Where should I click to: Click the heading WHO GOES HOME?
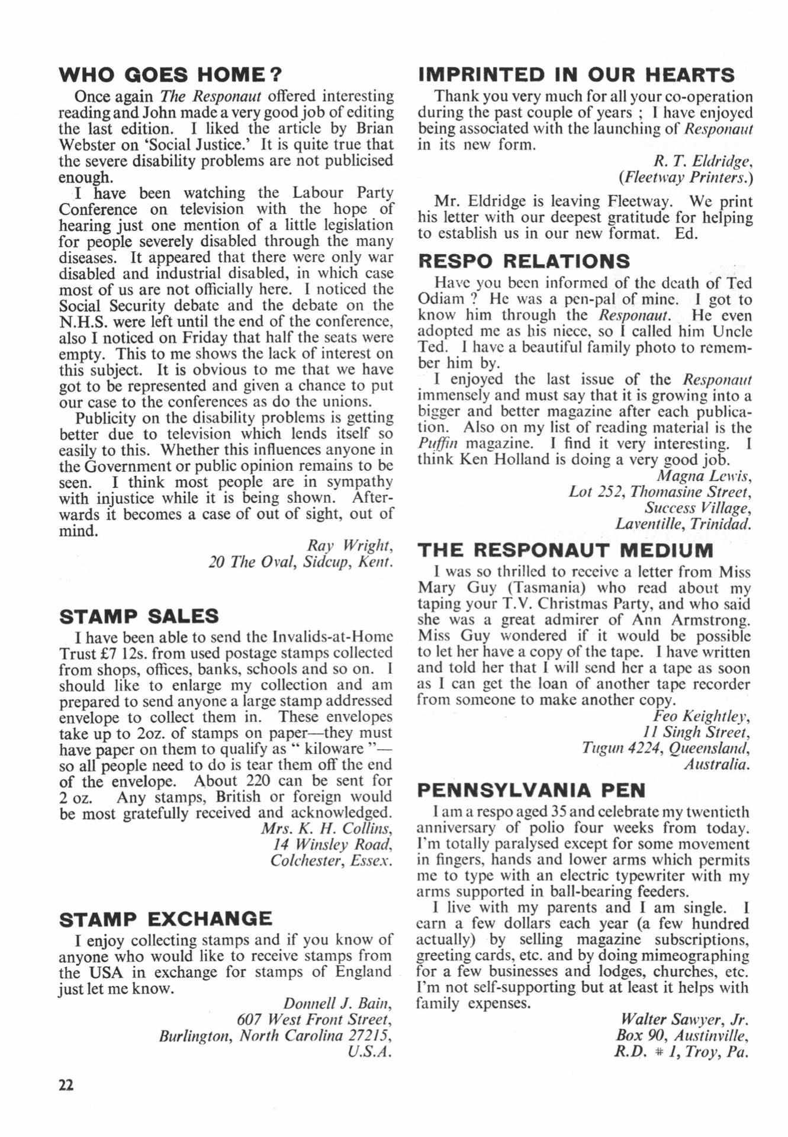point(171,75)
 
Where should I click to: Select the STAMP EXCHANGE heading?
point(166,918)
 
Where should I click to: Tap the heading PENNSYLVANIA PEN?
point(531,790)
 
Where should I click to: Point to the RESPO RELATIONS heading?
point(524,261)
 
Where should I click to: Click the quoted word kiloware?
point(332,749)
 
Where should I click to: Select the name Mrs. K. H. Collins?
point(326,828)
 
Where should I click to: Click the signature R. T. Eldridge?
point(703,160)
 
